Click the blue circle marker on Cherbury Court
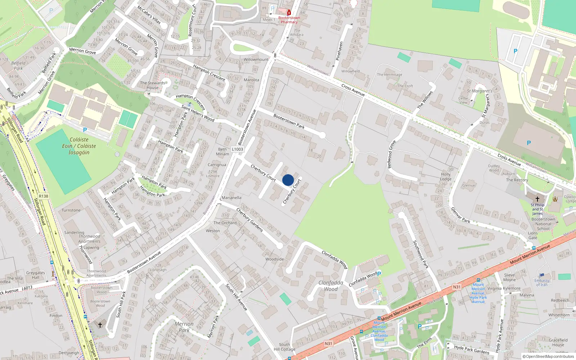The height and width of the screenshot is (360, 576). pyautogui.click(x=288, y=180)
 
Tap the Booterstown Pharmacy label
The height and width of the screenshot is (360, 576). pyautogui.click(x=289, y=20)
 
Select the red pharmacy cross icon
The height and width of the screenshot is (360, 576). pyautogui.click(x=289, y=13)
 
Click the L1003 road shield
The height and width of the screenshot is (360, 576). pyautogui.click(x=237, y=149)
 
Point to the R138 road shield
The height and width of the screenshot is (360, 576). pyautogui.click(x=44, y=196)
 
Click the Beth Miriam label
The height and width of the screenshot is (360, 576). pyautogui.click(x=222, y=152)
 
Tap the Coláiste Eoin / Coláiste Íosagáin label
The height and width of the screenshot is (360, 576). pyautogui.click(x=79, y=146)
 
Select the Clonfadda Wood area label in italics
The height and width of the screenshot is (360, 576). pyautogui.click(x=330, y=285)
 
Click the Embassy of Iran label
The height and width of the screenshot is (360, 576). pyautogui.click(x=542, y=283)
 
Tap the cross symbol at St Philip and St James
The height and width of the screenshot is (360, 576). pyautogui.click(x=537, y=199)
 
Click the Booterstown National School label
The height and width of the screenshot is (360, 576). pyautogui.click(x=543, y=224)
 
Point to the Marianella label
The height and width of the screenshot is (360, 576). pyautogui.click(x=231, y=198)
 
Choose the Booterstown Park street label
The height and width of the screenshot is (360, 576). pyautogui.click(x=289, y=121)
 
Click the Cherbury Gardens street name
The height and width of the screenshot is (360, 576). pyautogui.click(x=249, y=220)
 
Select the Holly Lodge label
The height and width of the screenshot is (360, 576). pyautogui.click(x=446, y=176)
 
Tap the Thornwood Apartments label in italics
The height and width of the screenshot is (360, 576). pyautogui.click(x=89, y=239)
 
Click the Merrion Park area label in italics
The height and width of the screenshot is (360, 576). pyautogui.click(x=184, y=327)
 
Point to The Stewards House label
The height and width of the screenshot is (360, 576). pyautogui.click(x=153, y=85)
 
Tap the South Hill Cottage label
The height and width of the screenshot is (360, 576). pyautogui.click(x=284, y=347)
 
